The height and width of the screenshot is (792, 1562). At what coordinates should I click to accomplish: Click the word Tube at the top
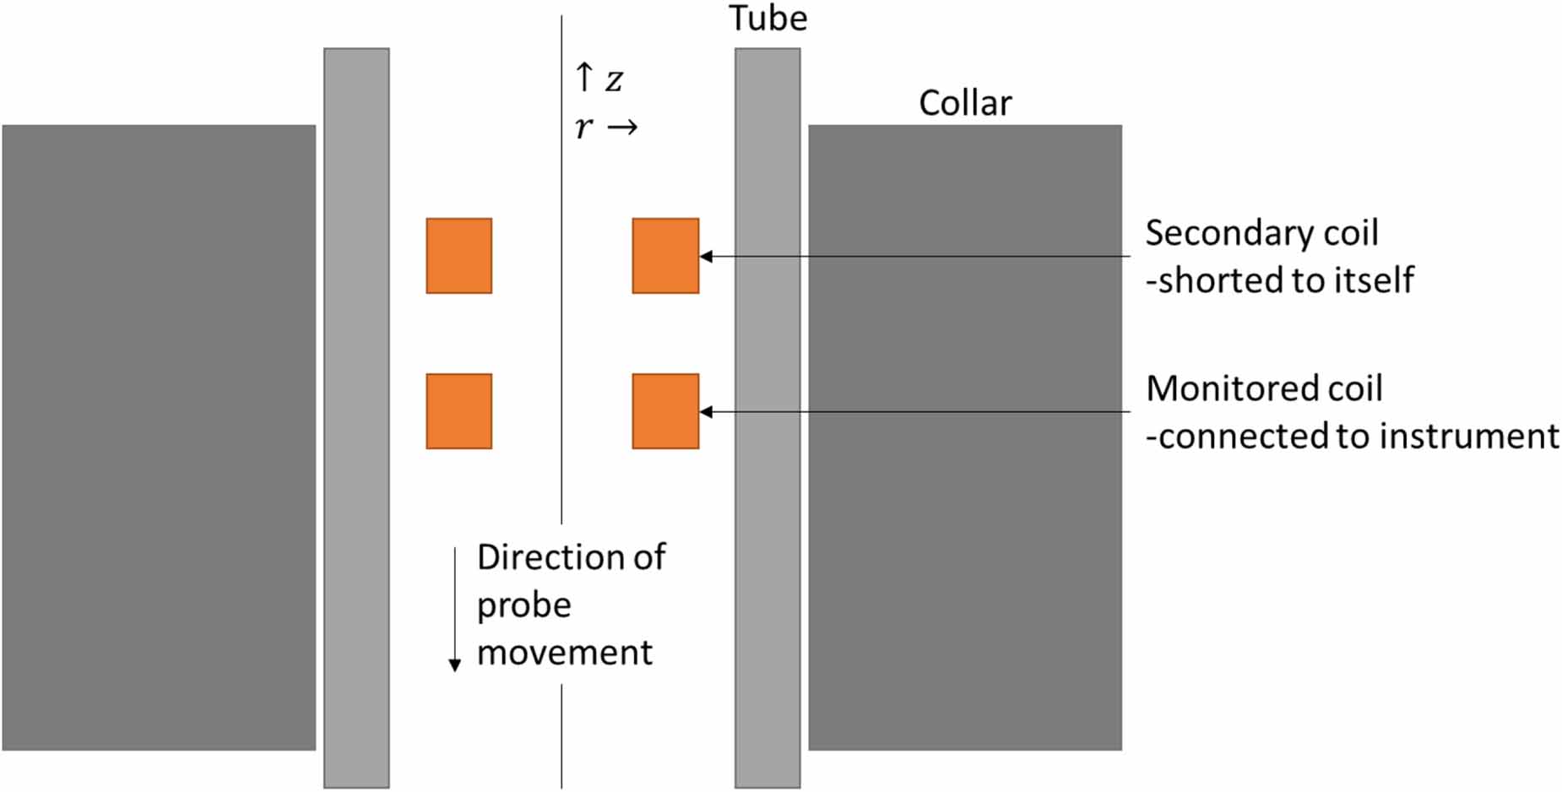coord(767,19)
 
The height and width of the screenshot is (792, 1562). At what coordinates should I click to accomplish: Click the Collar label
coord(964,104)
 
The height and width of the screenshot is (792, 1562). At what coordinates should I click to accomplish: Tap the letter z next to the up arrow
coord(614,80)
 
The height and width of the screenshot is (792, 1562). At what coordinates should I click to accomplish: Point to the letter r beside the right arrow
coord(583,127)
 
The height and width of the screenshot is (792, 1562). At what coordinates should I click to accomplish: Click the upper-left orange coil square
coord(458,256)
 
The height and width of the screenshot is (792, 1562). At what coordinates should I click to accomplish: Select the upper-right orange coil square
coord(665,256)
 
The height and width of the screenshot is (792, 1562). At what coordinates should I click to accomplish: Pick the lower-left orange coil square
coord(458,411)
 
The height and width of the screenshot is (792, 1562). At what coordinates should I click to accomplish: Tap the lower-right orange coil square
coord(665,411)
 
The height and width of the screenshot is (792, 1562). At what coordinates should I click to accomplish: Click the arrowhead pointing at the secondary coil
coord(707,256)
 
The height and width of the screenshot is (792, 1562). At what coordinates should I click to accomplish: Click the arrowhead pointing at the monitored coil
coord(707,412)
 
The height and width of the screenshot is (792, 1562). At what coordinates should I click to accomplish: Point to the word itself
coord(1375,280)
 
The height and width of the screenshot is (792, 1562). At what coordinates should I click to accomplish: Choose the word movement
coord(564,653)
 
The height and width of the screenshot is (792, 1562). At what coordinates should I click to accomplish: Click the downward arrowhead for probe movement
coord(454,665)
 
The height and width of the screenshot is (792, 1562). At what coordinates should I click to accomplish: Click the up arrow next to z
coord(583,77)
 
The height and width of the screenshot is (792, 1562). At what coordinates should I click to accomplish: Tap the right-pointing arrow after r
coord(623,127)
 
